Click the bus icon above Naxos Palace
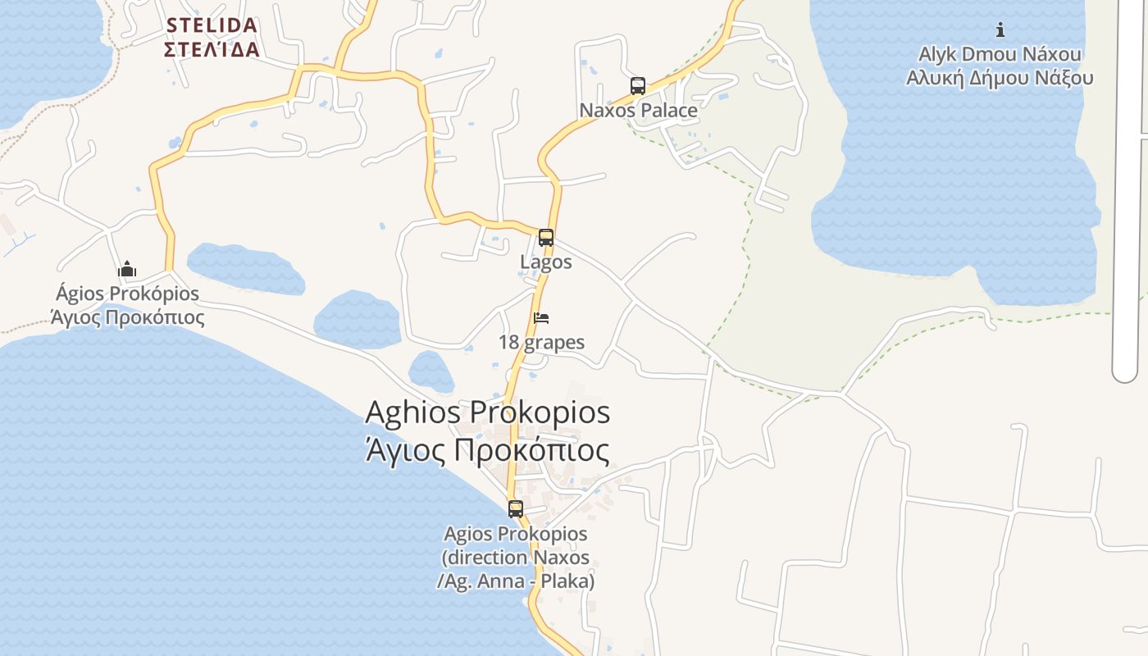[x=638, y=85]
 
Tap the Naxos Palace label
[x=638, y=110]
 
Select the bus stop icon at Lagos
[x=546, y=238]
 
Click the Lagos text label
[x=546, y=262]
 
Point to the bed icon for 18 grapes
[x=541, y=318]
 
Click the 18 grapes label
[x=542, y=342]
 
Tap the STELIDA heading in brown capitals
[x=212, y=25]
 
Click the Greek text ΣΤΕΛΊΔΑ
[x=212, y=49]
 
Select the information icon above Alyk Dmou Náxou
[x=1000, y=30]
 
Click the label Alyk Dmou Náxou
[x=1000, y=55]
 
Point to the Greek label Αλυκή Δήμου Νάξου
[x=1000, y=78]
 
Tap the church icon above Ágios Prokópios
[x=127, y=269]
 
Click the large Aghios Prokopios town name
[x=488, y=412]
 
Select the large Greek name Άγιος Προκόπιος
[x=488, y=451]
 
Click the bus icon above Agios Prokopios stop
[x=516, y=508]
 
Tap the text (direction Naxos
[x=516, y=558]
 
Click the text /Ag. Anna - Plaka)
[x=516, y=581]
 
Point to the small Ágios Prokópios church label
[x=127, y=294]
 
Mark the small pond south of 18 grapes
[x=431, y=371]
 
